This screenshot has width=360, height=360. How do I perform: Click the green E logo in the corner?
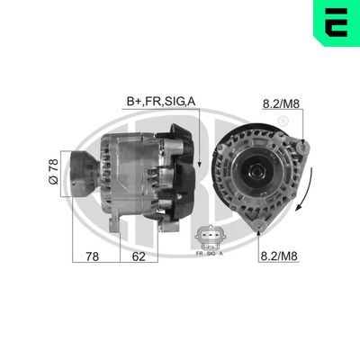tap(338, 22)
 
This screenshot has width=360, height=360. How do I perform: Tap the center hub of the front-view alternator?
tap(253, 171)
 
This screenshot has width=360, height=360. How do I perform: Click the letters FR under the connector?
tap(199, 255)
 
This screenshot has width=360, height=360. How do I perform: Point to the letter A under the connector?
tap(220, 255)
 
